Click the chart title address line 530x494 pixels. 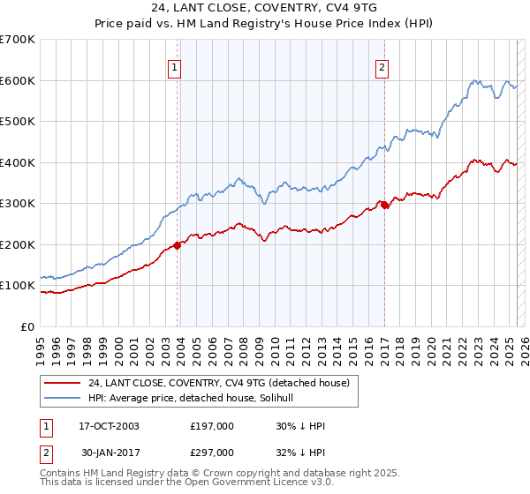[265, 8]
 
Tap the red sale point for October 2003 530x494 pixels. [178, 245]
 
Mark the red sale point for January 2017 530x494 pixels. [384, 205]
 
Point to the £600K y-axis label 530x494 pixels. [18, 80]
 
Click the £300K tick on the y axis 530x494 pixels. [18, 204]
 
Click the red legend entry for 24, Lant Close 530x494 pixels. [219, 382]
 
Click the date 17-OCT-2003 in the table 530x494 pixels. [109, 426]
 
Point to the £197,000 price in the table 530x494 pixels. [212, 426]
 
